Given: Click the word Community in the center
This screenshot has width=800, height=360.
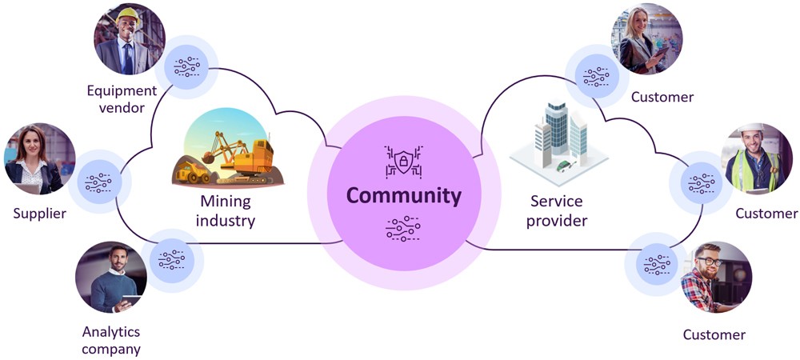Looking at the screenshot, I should tap(403, 195).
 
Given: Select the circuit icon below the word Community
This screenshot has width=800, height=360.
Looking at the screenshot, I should tap(402, 228).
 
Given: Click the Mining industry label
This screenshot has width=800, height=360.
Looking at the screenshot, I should tap(226, 210).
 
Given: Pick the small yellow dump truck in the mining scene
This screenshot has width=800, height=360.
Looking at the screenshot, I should tap(192, 170).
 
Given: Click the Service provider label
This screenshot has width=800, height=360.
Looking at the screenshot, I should tap(558, 210).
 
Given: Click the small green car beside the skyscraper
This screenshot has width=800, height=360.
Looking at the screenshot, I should tap(565, 166).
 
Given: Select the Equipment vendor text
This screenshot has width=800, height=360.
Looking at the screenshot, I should tap(123, 99).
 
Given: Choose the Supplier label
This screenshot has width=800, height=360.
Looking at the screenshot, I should tap(39, 214).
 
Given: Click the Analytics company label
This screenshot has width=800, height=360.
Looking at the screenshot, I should tap(111, 340).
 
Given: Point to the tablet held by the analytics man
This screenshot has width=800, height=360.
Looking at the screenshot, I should tap(130, 301).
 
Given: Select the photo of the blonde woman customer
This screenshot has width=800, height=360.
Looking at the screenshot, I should tap(646, 38).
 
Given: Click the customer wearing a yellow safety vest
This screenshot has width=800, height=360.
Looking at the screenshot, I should tap(758, 158).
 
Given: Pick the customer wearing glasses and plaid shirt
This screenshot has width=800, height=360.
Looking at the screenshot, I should tap(715, 277).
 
